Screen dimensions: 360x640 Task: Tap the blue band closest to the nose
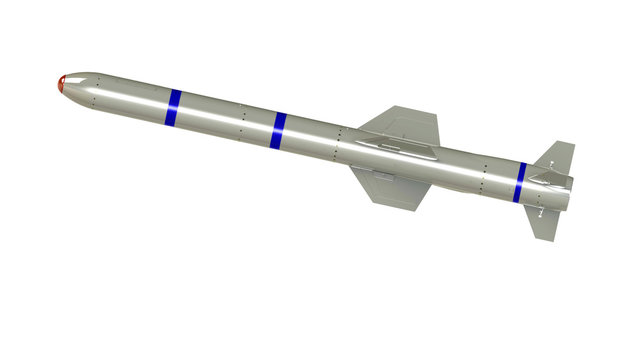[174, 107]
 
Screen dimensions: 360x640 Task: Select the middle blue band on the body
[279, 131]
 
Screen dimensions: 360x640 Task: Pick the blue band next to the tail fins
[520, 181]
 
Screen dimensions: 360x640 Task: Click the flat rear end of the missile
[570, 184]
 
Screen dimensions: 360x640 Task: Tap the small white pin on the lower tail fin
[540, 212]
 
